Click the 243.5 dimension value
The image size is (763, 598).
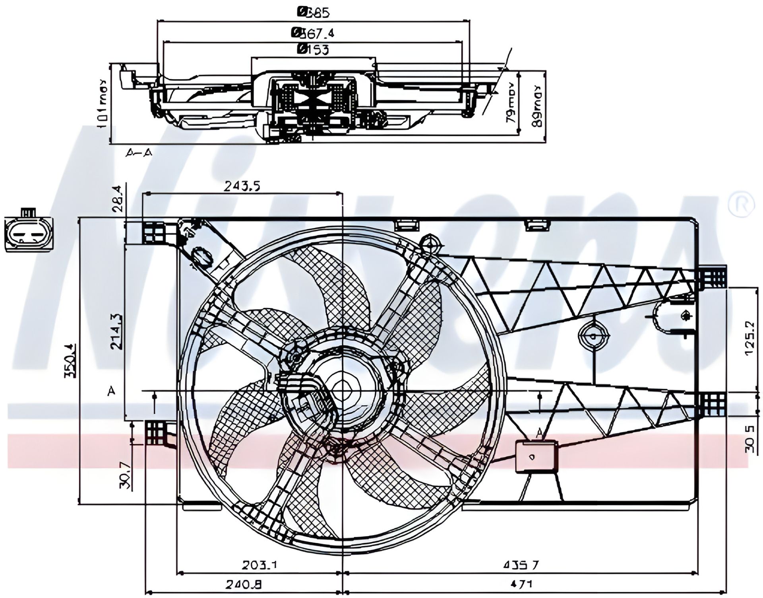point(242,186)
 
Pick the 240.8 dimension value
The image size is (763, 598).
point(244,584)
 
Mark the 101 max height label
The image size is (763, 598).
point(103,103)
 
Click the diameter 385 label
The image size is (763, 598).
point(314,13)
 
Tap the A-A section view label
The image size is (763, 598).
point(139,152)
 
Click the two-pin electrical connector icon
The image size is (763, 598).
point(29,235)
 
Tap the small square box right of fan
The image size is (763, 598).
point(536,457)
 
